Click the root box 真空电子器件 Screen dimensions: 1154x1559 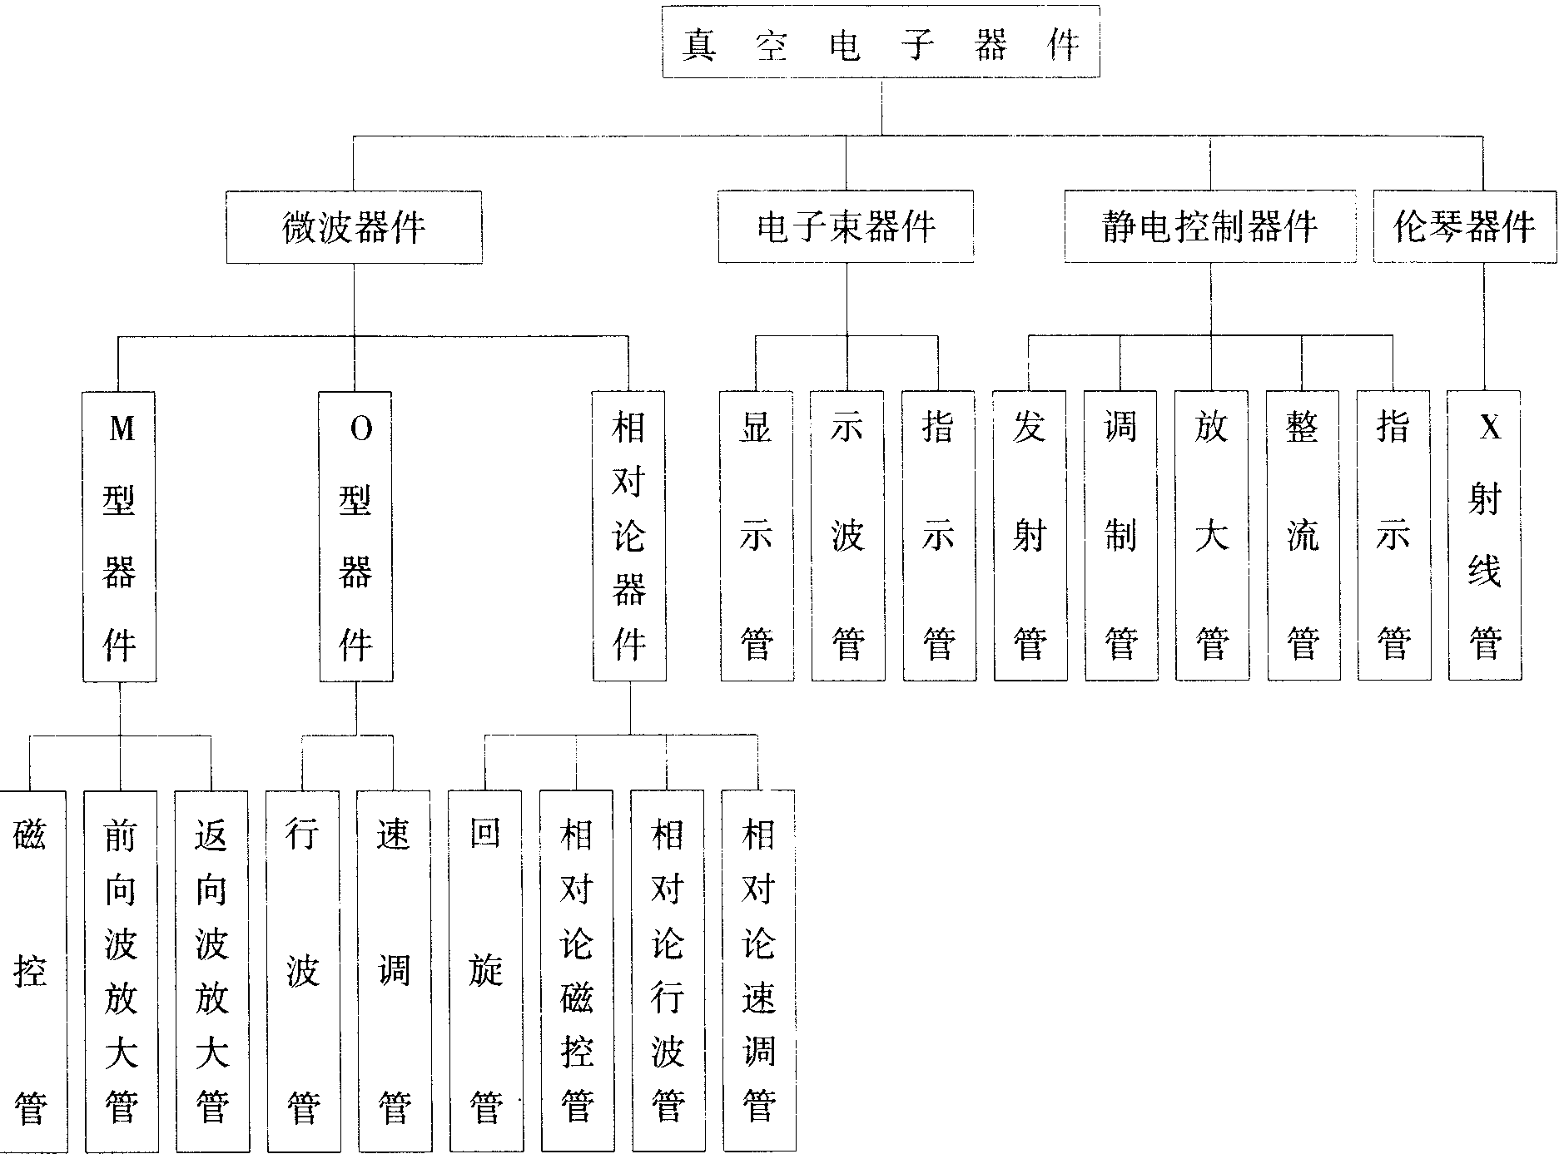point(881,42)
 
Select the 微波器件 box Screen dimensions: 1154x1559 point(354,227)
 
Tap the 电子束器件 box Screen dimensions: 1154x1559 point(846,227)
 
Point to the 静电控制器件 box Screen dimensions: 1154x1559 point(1209,227)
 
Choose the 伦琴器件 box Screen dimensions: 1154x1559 point(1464,227)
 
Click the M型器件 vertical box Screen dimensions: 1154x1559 point(120,537)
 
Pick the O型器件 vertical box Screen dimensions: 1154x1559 point(356,537)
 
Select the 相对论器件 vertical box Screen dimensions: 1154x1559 point(629,537)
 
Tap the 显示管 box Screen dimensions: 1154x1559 point(757,537)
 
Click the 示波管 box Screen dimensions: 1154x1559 point(847,537)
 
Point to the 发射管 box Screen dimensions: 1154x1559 point(1030,537)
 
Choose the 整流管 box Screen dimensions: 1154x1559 point(1303,537)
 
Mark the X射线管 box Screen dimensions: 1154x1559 point(1485,537)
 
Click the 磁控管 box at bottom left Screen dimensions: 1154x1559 point(30,971)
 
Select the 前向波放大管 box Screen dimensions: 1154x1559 point(121,971)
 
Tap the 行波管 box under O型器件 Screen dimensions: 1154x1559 point(303,971)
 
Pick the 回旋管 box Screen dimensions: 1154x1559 point(485,971)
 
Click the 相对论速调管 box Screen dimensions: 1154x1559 point(758,971)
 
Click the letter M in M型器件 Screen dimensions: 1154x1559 point(122,429)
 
